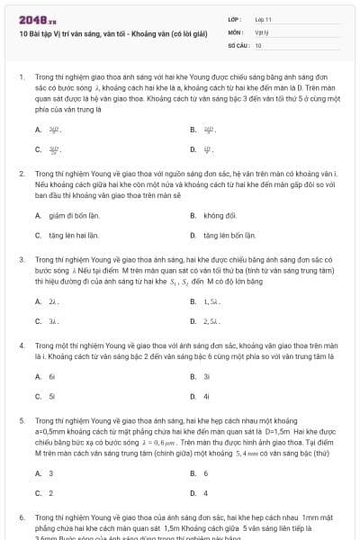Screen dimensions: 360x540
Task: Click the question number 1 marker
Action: (21, 77)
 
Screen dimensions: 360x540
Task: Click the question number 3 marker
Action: (21, 258)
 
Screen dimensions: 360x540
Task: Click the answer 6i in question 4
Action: (52, 377)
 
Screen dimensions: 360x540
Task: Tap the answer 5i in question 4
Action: (52, 396)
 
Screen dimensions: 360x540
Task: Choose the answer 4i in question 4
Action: (207, 396)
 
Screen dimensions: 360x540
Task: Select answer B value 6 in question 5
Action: (206, 473)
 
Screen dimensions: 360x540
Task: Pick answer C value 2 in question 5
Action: (51, 492)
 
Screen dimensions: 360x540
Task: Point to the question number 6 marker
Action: (21, 519)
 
